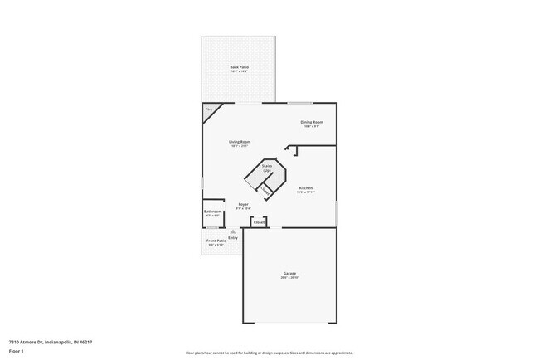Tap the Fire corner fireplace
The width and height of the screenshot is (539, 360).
(x=209, y=110)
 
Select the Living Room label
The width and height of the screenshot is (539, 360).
(x=240, y=142)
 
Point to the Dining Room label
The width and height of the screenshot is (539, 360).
(x=313, y=122)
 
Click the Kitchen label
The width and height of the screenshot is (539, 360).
(x=306, y=188)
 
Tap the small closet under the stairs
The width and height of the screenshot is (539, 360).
(x=265, y=190)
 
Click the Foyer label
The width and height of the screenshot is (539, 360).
(x=244, y=204)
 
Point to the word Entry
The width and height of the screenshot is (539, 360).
(x=233, y=238)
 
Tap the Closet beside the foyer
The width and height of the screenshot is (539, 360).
(x=259, y=222)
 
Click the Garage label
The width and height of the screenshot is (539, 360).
(x=289, y=273)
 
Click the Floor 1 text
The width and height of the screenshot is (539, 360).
(x=17, y=350)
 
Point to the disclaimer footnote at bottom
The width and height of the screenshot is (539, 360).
(x=269, y=352)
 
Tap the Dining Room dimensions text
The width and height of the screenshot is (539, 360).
(x=313, y=126)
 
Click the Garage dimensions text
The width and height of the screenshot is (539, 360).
(x=289, y=278)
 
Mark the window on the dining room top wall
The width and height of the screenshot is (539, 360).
(x=299, y=103)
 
